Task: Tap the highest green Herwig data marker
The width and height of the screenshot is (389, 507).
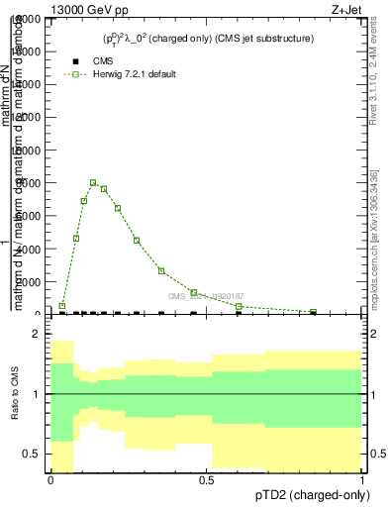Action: (93, 182)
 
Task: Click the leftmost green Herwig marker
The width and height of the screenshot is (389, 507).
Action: (61, 306)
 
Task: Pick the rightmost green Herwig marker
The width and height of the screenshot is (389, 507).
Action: (313, 312)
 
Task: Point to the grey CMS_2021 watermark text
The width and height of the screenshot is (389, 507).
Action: (205, 296)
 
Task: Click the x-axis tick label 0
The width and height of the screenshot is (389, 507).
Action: (50, 479)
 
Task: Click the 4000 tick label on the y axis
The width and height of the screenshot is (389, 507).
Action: (27, 249)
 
